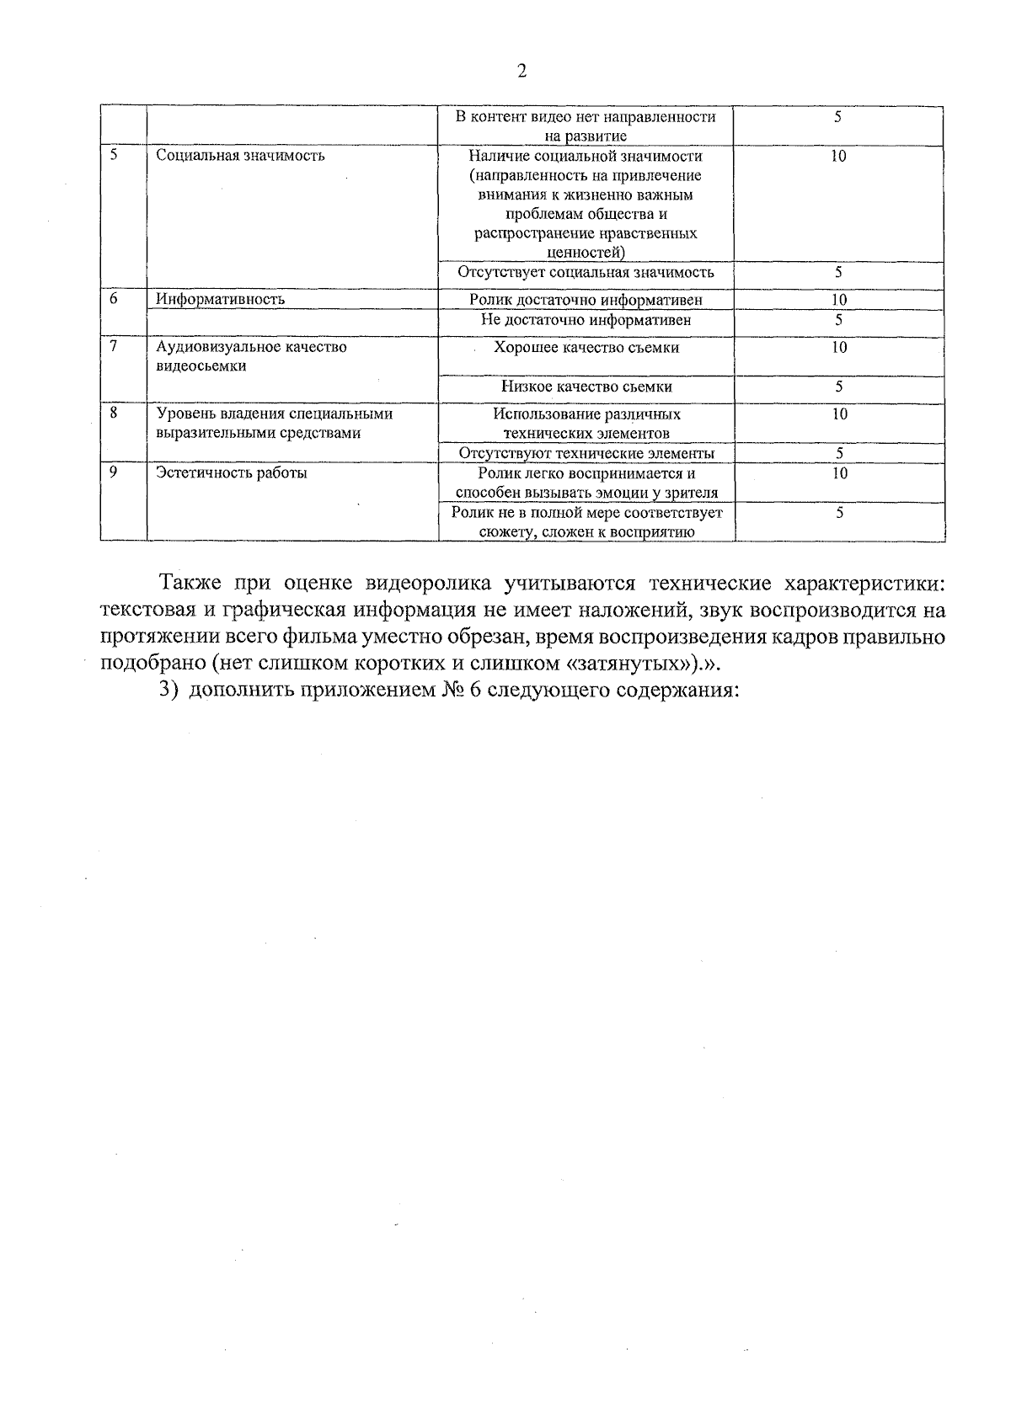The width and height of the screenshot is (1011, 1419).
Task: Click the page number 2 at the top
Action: coord(521,72)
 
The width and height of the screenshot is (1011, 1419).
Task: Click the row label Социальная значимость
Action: coord(241,156)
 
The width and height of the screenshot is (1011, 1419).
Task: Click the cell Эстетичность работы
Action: coord(232,473)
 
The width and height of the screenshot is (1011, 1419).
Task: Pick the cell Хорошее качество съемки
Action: coord(586,347)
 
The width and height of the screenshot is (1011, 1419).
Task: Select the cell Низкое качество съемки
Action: coord(586,387)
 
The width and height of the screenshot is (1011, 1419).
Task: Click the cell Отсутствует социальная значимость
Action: coord(586,272)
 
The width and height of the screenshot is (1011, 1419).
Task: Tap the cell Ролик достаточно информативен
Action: coord(586,300)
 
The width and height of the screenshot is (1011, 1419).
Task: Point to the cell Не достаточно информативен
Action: coord(586,320)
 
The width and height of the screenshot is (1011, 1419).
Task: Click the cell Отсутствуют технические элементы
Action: coord(586,453)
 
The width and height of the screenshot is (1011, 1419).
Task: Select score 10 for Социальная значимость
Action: coord(838,156)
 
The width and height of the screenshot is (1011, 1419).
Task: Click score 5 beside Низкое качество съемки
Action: coord(838,387)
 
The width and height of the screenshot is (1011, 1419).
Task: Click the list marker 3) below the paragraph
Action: coord(167,690)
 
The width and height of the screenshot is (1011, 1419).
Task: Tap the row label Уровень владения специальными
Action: coord(275,414)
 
